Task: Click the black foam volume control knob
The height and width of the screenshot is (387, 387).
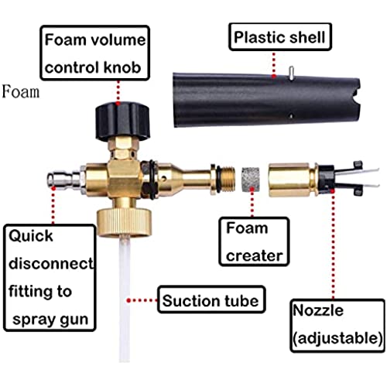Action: point(123,122)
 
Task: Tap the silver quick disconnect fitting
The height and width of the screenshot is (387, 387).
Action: point(64,177)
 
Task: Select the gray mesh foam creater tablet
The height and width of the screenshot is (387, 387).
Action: point(251,180)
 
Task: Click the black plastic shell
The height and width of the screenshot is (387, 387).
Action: point(265,101)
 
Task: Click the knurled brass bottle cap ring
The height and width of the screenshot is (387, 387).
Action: point(123,222)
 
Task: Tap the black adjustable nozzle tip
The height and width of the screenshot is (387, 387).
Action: point(341,178)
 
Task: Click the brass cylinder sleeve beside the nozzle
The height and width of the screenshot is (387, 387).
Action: point(293,180)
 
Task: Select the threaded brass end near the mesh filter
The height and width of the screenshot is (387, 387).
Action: point(227,180)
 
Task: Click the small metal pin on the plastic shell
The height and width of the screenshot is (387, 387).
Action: point(291,73)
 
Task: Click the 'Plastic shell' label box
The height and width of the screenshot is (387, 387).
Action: point(280,36)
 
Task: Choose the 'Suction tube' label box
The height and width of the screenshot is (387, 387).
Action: point(211,300)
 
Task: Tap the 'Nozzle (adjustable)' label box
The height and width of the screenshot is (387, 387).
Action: point(337,326)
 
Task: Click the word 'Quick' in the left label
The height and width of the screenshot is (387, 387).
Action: point(31,236)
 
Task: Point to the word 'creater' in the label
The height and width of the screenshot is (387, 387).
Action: point(255,255)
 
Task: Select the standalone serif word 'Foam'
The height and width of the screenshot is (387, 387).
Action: point(21,91)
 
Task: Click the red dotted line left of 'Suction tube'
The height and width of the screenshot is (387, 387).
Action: point(142,300)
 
